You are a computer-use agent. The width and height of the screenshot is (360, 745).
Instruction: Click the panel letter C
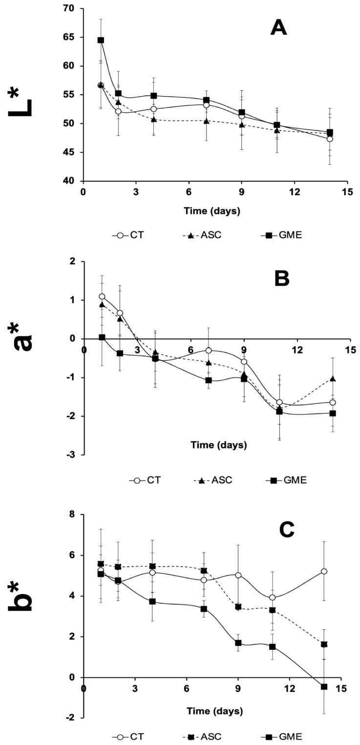coord(282,528)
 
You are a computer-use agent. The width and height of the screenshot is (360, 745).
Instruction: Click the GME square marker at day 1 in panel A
coord(101,40)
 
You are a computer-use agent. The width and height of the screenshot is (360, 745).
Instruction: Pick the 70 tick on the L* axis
coord(72,8)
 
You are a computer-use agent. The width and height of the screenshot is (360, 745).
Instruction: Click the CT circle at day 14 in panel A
coord(330,139)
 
